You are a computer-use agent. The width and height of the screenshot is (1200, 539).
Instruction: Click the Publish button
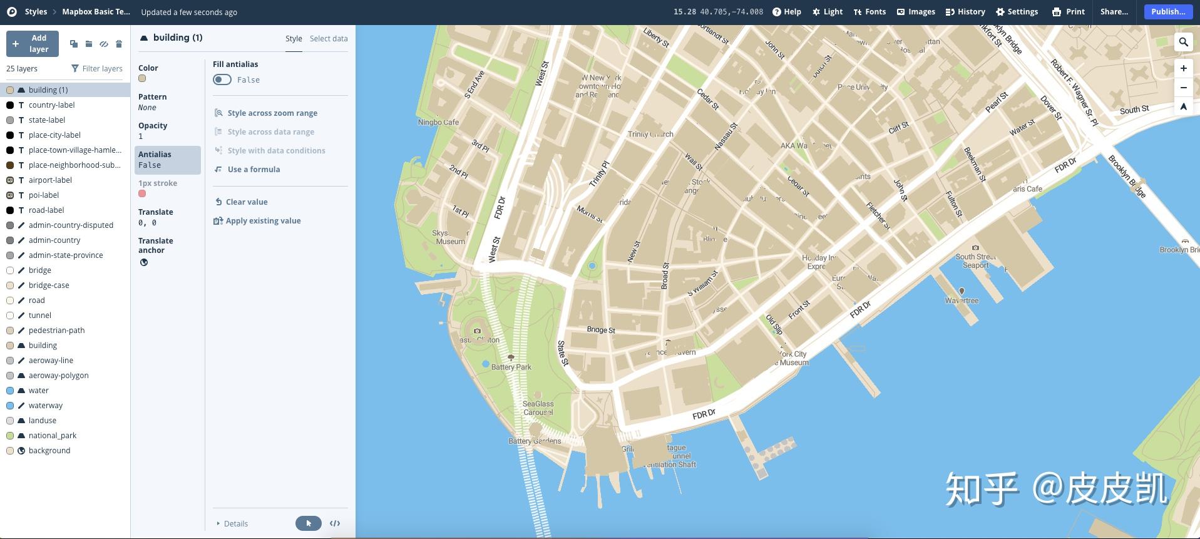click(x=1167, y=12)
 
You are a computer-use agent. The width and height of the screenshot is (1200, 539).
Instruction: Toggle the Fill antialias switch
click(x=222, y=80)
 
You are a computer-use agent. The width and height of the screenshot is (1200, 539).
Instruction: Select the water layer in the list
click(x=38, y=391)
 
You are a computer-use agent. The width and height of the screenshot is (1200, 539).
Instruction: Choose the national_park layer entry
click(x=52, y=436)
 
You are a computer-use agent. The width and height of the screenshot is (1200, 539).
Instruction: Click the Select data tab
click(x=329, y=39)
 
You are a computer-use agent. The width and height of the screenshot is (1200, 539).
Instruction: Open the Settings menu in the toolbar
click(x=1017, y=12)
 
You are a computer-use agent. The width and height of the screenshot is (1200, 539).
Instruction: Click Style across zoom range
click(x=272, y=113)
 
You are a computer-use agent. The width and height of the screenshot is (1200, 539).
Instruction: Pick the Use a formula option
click(x=253, y=170)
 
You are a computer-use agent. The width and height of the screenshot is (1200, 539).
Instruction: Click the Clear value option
click(x=246, y=202)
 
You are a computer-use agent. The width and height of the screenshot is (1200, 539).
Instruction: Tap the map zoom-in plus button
click(x=1183, y=68)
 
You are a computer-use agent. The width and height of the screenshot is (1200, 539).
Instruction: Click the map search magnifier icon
click(x=1183, y=42)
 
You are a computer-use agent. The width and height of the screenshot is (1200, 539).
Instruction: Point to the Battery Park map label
click(x=511, y=367)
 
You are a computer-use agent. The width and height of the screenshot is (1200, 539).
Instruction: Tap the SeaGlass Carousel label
click(x=538, y=408)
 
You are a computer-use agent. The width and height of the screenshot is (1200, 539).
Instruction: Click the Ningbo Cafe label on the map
click(x=438, y=123)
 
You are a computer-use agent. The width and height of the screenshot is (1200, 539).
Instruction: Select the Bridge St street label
click(x=601, y=330)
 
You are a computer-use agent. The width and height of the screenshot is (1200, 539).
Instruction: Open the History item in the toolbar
click(x=965, y=12)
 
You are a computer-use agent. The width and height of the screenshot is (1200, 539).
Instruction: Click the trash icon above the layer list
click(x=119, y=44)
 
